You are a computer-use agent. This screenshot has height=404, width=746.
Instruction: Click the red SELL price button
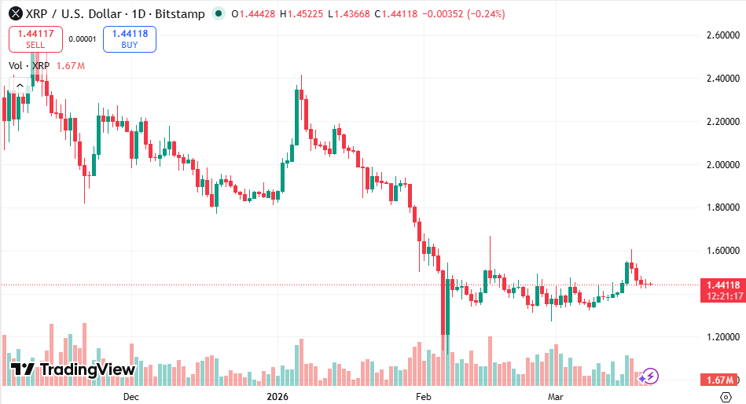[x=35, y=39]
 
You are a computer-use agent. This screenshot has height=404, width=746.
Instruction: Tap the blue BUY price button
[x=129, y=39]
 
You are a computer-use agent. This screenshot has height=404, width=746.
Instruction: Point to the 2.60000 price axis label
[x=724, y=35]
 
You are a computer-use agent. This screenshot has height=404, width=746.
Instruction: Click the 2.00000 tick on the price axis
[x=724, y=165]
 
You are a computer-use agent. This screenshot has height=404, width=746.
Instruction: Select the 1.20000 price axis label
[x=724, y=337]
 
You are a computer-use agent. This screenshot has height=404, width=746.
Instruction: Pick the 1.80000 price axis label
[x=724, y=208]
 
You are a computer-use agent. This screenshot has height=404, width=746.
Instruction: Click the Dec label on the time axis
[x=131, y=397]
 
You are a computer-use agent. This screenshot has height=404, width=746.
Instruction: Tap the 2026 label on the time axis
[x=277, y=397]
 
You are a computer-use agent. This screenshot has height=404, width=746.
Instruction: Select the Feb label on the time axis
[x=424, y=397]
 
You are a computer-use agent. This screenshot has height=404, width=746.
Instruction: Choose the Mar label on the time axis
[x=556, y=397]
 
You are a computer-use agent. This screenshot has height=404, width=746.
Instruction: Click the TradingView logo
[x=72, y=369]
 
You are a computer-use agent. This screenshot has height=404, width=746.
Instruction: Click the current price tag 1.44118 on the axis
[x=722, y=285]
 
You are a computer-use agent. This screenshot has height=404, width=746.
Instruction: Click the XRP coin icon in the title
[x=15, y=14]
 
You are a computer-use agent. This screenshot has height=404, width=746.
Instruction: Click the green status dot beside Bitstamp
[x=219, y=14]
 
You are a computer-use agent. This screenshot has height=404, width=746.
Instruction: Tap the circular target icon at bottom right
[x=726, y=397]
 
